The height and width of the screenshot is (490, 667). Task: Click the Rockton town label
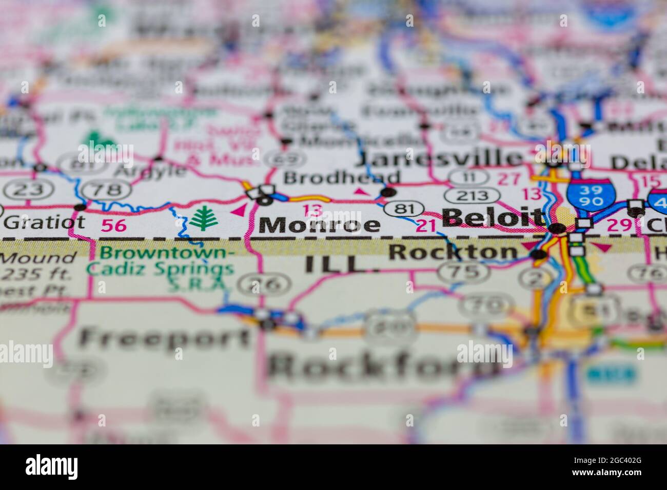point(454,252)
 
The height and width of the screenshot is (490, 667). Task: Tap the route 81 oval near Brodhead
point(405,209)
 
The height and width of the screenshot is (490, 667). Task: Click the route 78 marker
point(104,190)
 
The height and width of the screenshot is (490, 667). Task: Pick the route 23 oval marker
point(24,190)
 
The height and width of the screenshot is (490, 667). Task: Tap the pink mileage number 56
point(113,226)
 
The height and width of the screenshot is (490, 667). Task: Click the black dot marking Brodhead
point(389,193)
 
